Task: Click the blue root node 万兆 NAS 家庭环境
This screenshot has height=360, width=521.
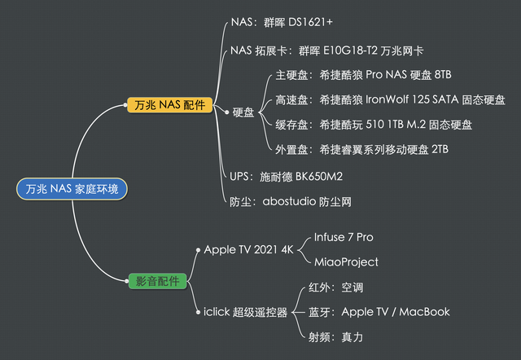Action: pyautogui.click(x=72, y=189)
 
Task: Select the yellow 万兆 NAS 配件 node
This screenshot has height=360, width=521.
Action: pyautogui.click(x=169, y=105)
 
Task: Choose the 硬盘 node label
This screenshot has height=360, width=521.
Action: pyautogui.click(x=243, y=112)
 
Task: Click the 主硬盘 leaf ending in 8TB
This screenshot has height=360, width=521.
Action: pyautogui.click(x=363, y=75)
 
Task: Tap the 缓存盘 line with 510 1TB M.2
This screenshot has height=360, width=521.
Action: pyautogui.click(x=373, y=125)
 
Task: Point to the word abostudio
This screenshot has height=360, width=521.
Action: pyautogui.click(x=289, y=200)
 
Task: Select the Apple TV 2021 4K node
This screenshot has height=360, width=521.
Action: pyautogui.click(x=248, y=249)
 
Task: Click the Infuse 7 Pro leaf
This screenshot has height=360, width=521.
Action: pyautogui.click(x=344, y=237)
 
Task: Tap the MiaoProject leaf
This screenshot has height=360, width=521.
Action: pyautogui.click(x=346, y=261)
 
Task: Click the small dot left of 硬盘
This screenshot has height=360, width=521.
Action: pyautogui.click(x=226, y=112)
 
